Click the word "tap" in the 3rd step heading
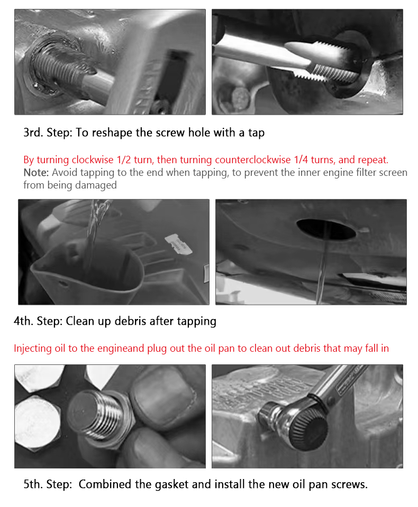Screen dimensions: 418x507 [x=256, y=133]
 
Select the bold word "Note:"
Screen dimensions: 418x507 [x=36, y=172]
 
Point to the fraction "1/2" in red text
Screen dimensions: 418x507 [x=124, y=159]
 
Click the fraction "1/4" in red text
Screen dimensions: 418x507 [x=301, y=159]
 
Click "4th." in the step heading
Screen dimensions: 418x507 [x=23, y=321]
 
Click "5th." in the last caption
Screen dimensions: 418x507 [x=33, y=484]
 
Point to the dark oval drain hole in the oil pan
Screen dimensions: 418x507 [x=325, y=229]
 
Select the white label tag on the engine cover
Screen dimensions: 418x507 [x=178, y=244]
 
